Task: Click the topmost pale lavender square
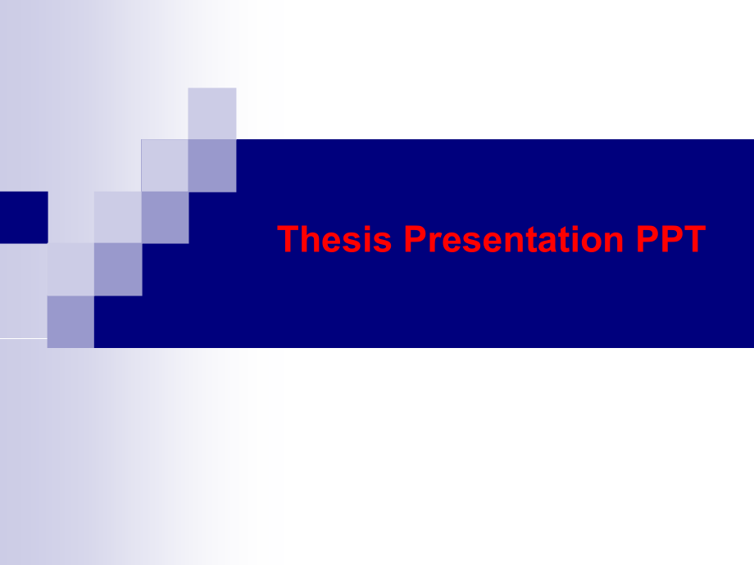tap(212, 113)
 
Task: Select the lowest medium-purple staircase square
tap(70, 322)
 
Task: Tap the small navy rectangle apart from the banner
tap(23, 217)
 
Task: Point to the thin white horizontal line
tap(23, 337)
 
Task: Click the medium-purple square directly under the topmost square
tap(212, 165)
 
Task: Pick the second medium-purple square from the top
tap(165, 217)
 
